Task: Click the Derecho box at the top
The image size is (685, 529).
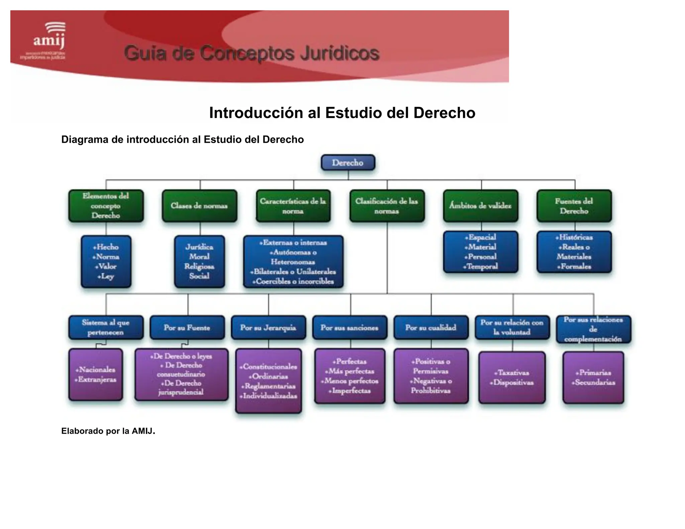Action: pos(348,163)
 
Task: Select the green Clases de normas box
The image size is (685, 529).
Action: pos(199,206)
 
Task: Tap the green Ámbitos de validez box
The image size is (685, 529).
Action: pos(480,206)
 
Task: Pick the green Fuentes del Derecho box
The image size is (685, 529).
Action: pos(574,206)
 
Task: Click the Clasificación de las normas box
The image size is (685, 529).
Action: pos(387,206)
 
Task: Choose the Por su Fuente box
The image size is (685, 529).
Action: pos(187,328)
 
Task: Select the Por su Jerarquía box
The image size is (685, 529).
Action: pos(268,328)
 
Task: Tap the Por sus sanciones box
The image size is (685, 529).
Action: pos(350,328)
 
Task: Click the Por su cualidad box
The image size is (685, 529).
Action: pos(431,328)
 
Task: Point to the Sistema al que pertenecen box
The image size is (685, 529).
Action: pos(106,327)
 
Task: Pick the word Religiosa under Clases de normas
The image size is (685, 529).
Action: pos(199,267)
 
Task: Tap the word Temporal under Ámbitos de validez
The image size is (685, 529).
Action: pos(482,267)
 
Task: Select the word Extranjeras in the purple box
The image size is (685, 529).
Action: pos(97,380)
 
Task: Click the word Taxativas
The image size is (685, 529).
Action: pos(513,373)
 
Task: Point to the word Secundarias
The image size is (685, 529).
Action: pos(595,383)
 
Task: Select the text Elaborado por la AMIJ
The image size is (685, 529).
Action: pos(108,431)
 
